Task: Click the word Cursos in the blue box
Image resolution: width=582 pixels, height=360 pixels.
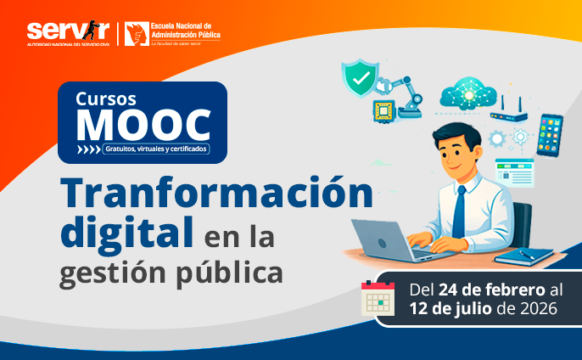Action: click(106, 98)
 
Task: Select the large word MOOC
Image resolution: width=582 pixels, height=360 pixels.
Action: click(142, 125)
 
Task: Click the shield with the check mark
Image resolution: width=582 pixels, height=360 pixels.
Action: click(361, 79)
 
